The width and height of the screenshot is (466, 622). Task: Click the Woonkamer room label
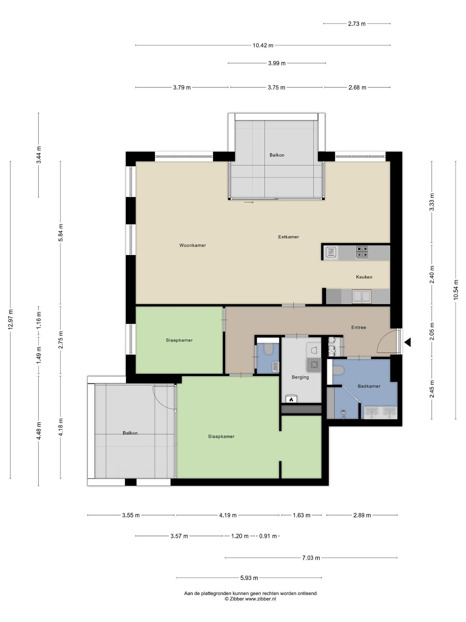click(x=193, y=245)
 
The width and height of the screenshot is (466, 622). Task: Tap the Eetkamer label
click(x=289, y=237)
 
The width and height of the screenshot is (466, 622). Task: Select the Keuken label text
click(x=364, y=277)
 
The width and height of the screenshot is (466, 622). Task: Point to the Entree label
click(x=359, y=327)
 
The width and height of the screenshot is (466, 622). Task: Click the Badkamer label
click(x=369, y=386)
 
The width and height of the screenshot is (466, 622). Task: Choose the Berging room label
click(x=300, y=377)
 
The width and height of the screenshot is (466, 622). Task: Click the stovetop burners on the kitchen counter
click(x=362, y=252)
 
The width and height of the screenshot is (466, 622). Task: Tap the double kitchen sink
click(x=361, y=296)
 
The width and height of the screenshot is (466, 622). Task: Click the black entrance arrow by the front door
click(x=407, y=342)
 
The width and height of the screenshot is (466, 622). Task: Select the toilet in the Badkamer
click(x=338, y=371)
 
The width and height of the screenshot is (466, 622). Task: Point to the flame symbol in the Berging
click(x=291, y=399)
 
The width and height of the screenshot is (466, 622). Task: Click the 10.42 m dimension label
click(x=263, y=46)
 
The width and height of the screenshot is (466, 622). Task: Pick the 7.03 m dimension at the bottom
click(x=311, y=558)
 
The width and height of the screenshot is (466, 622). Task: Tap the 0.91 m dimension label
click(x=268, y=536)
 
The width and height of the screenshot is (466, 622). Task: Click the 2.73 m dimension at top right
click(x=357, y=24)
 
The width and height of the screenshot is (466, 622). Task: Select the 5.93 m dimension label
click(x=249, y=578)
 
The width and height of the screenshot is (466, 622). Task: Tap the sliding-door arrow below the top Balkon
click(x=249, y=202)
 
